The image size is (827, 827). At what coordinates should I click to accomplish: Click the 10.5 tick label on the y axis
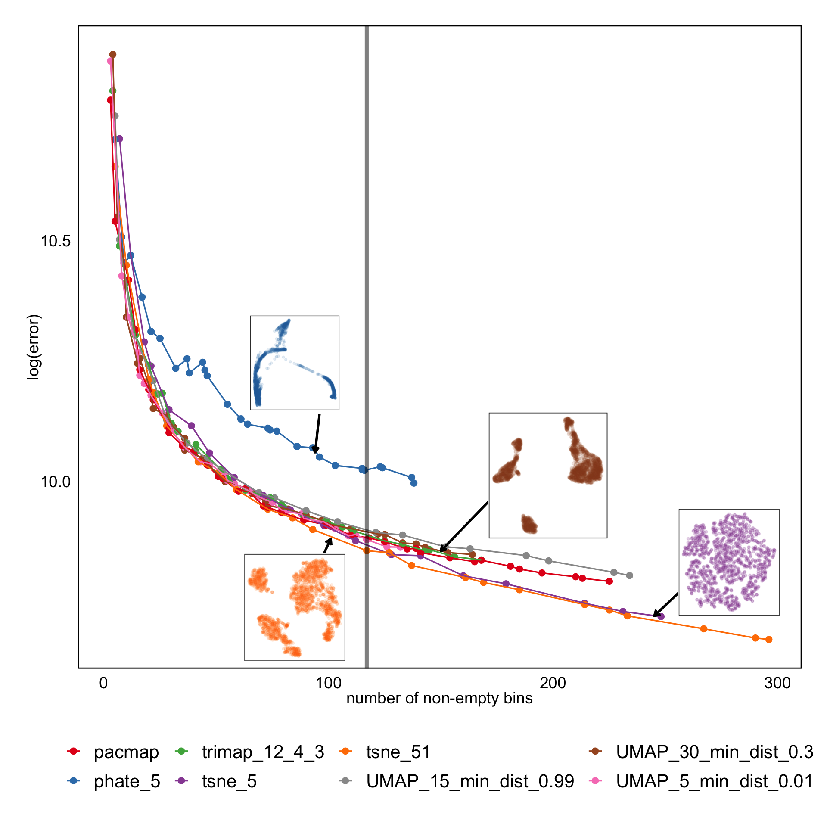(x=56, y=241)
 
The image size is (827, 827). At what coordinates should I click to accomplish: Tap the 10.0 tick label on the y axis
(x=56, y=482)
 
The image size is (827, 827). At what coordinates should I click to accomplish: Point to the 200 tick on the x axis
(x=553, y=683)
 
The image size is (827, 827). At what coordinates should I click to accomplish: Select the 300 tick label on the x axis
(x=778, y=683)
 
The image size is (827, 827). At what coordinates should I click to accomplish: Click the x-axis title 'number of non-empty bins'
(x=439, y=698)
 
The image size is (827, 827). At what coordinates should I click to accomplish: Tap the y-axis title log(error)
(x=34, y=347)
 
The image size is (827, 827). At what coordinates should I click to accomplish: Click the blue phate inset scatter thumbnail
(x=295, y=363)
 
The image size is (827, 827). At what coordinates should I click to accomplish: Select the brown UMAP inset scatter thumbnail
(x=548, y=475)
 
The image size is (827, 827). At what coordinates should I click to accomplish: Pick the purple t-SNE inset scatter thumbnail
(x=729, y=562)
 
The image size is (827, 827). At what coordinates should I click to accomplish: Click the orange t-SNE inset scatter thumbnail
(x=295, y=607)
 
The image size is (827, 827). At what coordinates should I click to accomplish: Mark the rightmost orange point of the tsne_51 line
(x=769, y=640)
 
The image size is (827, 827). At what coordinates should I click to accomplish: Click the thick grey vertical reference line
(x=367, y=302)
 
